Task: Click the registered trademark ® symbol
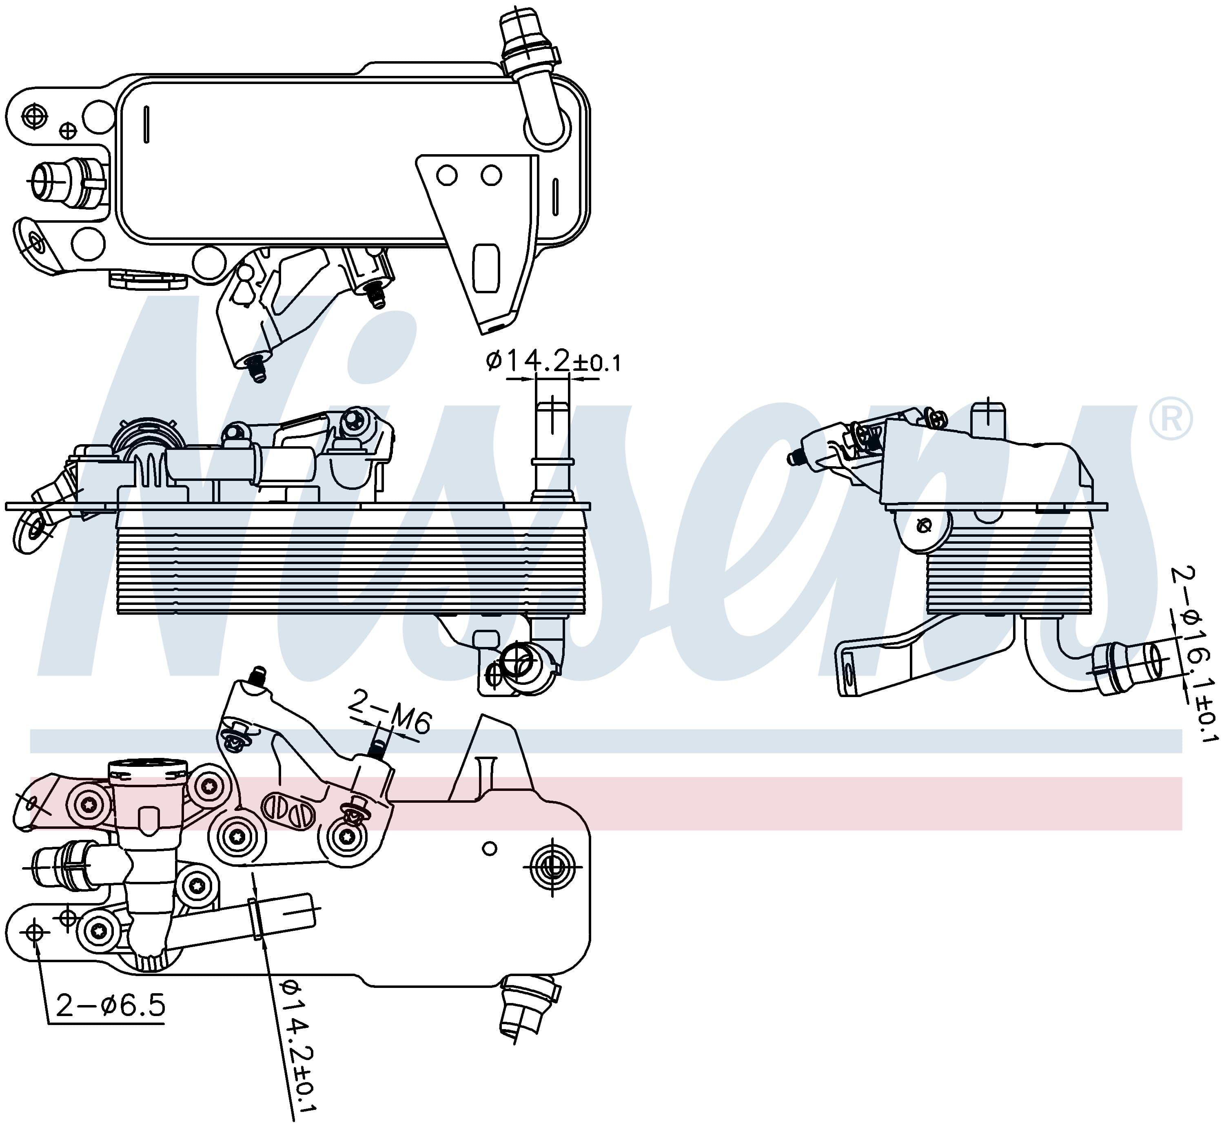[x=1170, y=418]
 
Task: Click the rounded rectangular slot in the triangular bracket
[x=487, y=268]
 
